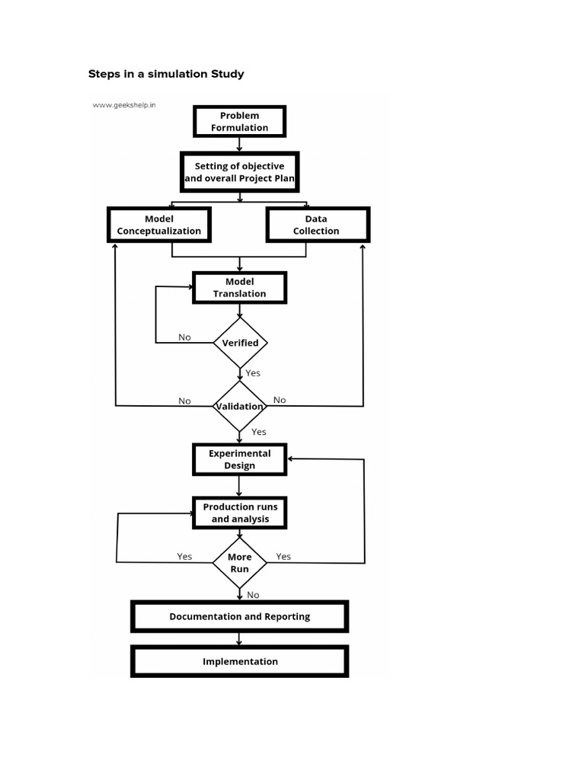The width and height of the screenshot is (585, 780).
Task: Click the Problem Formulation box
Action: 239,122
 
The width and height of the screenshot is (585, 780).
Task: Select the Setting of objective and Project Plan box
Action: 239,172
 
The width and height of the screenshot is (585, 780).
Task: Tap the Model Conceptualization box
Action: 159,225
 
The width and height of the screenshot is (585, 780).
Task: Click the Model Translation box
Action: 239,288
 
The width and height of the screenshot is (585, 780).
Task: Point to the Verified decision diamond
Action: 240,343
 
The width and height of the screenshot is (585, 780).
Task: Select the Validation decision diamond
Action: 240,406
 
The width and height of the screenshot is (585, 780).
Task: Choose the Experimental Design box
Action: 239,459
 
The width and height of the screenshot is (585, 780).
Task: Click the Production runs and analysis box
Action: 240,513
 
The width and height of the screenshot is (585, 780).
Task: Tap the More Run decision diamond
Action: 240,563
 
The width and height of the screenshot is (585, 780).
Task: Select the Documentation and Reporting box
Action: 239,616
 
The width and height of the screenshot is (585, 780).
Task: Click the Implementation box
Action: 239,661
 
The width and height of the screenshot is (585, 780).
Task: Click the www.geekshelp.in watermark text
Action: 124,105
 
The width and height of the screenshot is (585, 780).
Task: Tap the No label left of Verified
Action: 184,337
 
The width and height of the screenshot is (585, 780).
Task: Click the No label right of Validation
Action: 280,400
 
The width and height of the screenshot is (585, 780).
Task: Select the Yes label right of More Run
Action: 283,556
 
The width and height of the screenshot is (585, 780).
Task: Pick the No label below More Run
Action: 253,595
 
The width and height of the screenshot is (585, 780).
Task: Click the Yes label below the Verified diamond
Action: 253,373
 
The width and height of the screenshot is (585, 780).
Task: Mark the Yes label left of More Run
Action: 184,556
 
